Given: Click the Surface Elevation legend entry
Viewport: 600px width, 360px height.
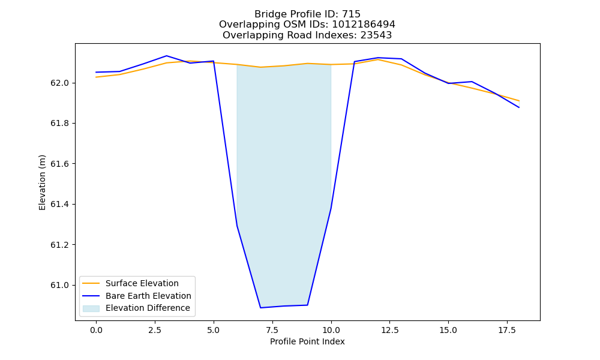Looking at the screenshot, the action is [142, 283].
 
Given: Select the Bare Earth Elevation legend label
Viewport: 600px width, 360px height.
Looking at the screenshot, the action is [148, 296].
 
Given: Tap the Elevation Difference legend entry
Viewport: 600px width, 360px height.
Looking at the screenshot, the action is [148, 308].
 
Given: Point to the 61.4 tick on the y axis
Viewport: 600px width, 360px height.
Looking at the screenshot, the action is [59, 204].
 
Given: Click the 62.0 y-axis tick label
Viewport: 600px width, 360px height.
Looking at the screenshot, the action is [59, 83].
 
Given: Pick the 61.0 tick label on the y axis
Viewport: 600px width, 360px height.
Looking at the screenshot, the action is [59, 286].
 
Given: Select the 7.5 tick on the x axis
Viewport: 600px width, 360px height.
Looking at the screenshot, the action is [272, 330].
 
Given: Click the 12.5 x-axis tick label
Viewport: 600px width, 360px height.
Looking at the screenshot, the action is [389, 330].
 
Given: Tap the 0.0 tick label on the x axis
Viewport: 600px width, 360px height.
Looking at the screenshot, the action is [96, 330].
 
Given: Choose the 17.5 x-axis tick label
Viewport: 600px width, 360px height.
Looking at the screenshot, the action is [507, 330].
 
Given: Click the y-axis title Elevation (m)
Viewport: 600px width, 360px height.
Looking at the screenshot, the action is [42, 182].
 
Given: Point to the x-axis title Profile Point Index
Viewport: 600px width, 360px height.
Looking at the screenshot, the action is [307, 341].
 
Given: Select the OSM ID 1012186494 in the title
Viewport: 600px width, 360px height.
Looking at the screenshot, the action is [364, 25].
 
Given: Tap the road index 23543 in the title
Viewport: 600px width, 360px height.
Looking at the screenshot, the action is [376, 35].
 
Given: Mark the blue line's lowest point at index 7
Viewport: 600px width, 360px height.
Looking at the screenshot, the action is [260, 308].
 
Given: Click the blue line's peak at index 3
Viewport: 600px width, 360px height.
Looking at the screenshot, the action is [166, 56].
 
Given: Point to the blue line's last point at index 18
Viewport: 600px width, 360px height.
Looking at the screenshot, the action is [519, 107].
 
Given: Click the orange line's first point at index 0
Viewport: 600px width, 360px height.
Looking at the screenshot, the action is [96, 77].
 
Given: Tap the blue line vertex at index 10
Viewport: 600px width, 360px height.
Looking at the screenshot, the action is [331, 208].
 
